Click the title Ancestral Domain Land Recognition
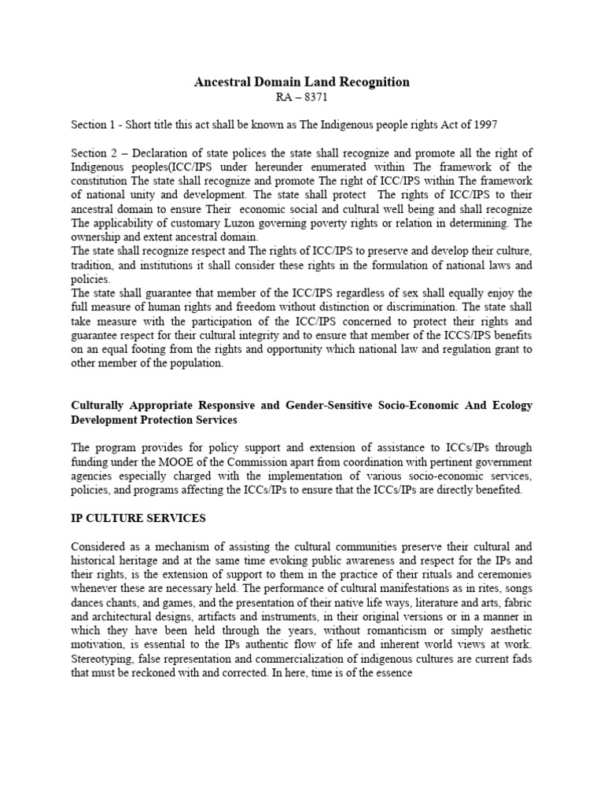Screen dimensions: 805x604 pyautogui.click(x=302, y=82)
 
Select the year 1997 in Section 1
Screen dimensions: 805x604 pyautogui.click(x=484, y=124)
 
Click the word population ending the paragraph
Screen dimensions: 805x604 pyautogui.click(x=195, y=364)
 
